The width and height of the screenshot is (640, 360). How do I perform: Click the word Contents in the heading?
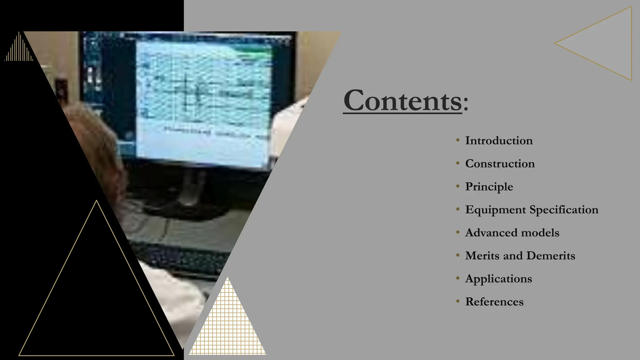[x=402, y=101]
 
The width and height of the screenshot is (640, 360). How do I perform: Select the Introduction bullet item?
[x=499, y=141]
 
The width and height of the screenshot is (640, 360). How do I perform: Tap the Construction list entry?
[x=500, y=164]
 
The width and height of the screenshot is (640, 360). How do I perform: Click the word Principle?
[x=489, y=187]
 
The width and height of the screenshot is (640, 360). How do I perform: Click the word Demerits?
[x=551, y=256]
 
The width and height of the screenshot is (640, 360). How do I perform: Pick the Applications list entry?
[x=498, y=279]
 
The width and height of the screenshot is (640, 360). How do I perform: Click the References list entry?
[x=494, y=302]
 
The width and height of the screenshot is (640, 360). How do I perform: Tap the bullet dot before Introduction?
[x=457, y=140]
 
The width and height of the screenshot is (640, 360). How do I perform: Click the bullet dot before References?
[x=457, y=302]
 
